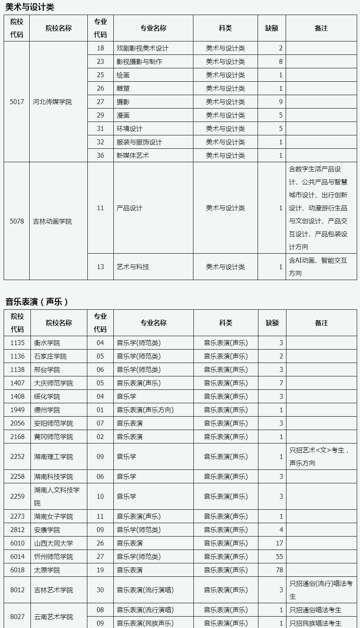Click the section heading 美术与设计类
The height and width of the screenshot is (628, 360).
30,7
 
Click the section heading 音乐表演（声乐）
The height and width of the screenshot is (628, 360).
37,302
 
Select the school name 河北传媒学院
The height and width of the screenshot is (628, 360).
52,102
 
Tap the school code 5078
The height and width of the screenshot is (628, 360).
17,222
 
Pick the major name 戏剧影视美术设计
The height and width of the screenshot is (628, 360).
142,48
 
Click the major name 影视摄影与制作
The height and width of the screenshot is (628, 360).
139,61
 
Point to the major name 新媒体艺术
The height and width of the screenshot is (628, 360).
132,155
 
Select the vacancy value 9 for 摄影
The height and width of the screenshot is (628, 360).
280,102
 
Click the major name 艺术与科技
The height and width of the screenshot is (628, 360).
132,267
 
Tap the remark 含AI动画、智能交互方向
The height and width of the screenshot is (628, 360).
318,267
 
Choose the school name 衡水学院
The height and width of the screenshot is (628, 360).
47,343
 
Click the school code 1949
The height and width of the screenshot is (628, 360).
17,410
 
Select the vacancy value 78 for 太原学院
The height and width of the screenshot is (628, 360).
279,570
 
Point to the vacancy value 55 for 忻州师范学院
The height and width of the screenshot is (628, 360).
279,556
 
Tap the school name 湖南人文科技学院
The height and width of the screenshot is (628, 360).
56,496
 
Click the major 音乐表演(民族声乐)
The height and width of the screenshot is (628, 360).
145,623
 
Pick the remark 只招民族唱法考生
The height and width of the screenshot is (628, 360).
315,623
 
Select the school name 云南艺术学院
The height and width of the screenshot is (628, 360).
54,617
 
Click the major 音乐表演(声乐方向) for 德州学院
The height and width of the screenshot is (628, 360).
145,410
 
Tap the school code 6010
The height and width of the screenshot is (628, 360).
17,543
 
